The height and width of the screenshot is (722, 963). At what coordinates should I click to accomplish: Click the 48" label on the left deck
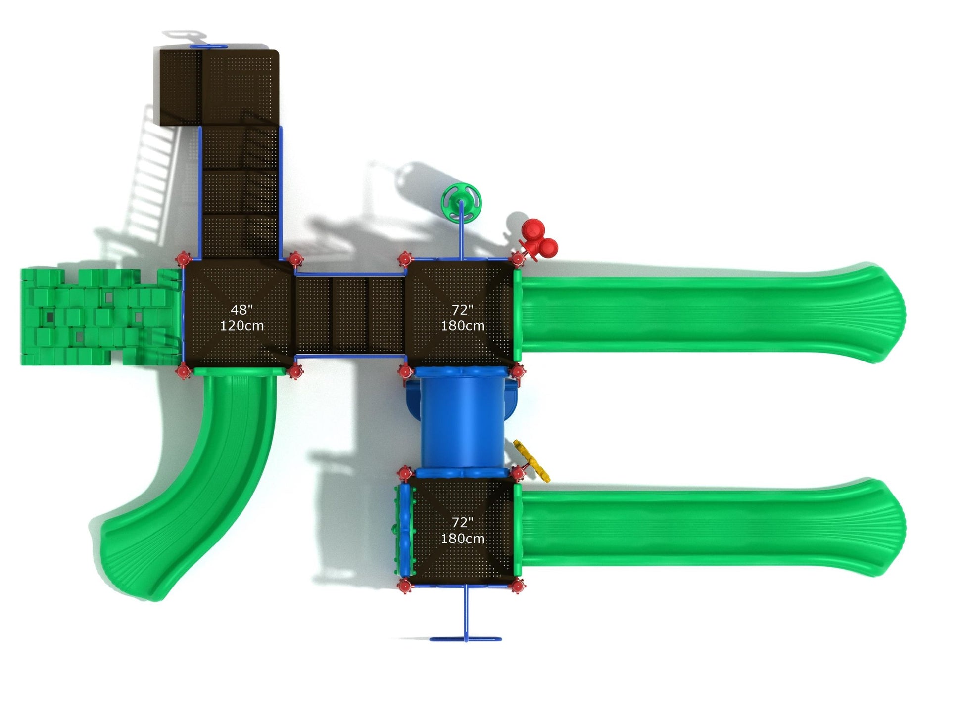point(241,310)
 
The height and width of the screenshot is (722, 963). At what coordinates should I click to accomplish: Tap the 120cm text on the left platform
point(241,326)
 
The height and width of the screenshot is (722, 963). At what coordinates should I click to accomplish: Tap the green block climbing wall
point(99,317)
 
